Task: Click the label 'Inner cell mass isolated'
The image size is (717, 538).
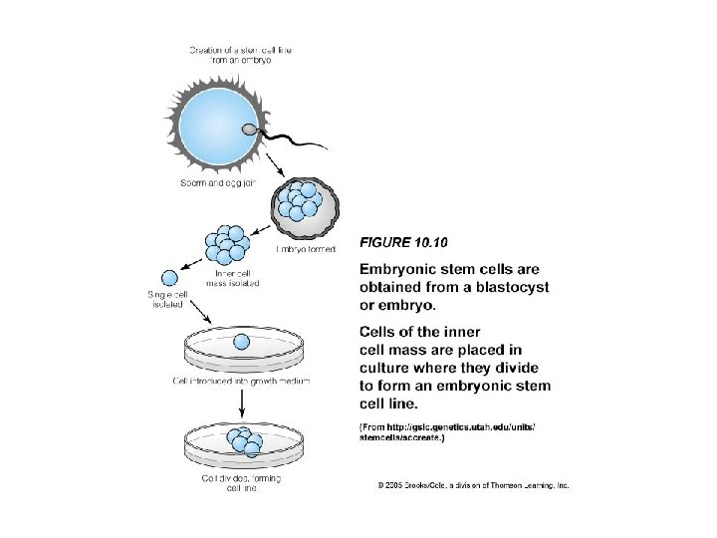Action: [237, 278]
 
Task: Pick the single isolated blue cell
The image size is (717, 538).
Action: [170, 279]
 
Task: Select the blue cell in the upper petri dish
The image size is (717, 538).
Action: [241, 343]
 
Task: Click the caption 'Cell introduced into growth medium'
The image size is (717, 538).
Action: [244, 381]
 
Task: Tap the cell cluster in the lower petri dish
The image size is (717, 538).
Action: [242, 441]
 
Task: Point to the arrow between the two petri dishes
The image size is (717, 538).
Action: [242, 401]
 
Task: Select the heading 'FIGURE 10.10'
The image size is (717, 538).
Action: [403, 241]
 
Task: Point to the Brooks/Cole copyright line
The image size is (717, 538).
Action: [473, 485]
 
